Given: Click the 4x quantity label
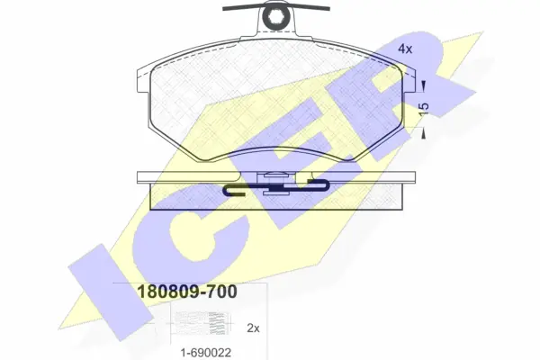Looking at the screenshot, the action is click(x=405, y=49).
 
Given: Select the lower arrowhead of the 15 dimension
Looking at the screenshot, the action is click(x=424, y=134).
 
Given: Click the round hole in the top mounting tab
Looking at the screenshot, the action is click(x=275, y=15).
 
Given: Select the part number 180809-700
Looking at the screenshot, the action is click(x=187, y=292).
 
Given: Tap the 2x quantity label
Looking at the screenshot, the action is click(x=253, y=328).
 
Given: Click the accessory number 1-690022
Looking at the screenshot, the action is click(x=206, y=353).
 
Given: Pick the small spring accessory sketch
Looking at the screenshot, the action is click(x=200, y=323).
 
